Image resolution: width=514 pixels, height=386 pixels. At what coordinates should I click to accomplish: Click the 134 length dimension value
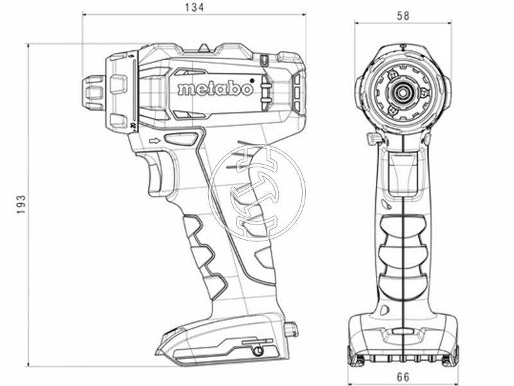(193, 7)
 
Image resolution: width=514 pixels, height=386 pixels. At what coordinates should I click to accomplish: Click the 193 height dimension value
(21, 204)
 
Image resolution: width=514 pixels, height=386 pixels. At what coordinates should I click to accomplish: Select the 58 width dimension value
(403, 15)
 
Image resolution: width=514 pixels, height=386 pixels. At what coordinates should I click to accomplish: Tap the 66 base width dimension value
(403, 377)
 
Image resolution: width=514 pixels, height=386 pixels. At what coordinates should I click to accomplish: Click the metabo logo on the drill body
(215, 89)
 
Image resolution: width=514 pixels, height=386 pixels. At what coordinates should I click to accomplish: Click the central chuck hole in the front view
(403, 92)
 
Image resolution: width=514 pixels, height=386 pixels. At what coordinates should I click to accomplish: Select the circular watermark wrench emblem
(258, 192)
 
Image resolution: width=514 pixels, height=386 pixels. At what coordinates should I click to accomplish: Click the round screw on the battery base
(258, 351)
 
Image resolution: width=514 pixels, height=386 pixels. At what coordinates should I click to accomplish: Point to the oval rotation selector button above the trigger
(181, 138)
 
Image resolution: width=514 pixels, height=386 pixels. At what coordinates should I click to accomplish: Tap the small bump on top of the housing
(204, 47)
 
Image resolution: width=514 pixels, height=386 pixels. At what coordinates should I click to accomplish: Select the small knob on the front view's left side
(371, 138)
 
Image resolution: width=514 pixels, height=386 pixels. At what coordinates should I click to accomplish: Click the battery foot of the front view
(403, 344)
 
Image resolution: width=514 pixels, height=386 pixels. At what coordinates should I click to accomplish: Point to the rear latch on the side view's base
(291, 330)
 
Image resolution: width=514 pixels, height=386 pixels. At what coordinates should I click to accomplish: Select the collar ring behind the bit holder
(120, 91)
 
